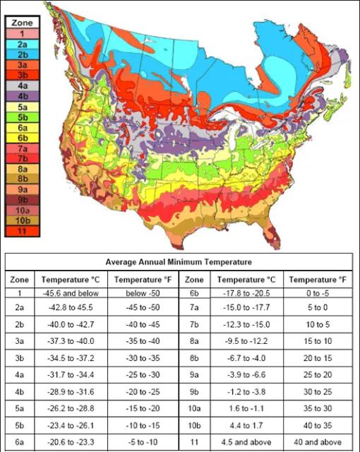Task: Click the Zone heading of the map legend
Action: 22,23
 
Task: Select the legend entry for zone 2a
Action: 22,44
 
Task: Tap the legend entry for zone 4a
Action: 22,85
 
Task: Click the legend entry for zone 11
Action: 22,230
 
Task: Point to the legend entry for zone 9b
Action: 22,199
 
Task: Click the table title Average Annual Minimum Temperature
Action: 179,262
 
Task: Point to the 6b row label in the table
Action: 197,292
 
